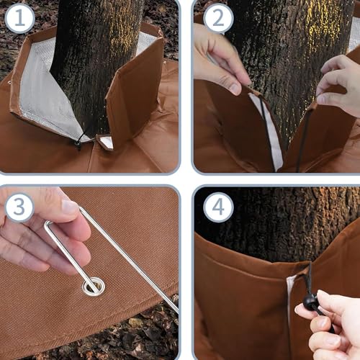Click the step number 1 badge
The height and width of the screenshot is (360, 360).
pos(19,19)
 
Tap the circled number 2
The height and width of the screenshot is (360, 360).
pos(218,19)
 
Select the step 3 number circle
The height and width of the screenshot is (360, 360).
pos(19,208)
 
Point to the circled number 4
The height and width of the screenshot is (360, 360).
pos(218,208)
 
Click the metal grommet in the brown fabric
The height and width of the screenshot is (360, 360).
pos(93,287)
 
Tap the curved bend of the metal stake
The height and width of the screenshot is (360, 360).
pos(49,226)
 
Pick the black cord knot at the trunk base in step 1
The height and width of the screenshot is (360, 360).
pos(78,141)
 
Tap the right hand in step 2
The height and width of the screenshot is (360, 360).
pos(338,83)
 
